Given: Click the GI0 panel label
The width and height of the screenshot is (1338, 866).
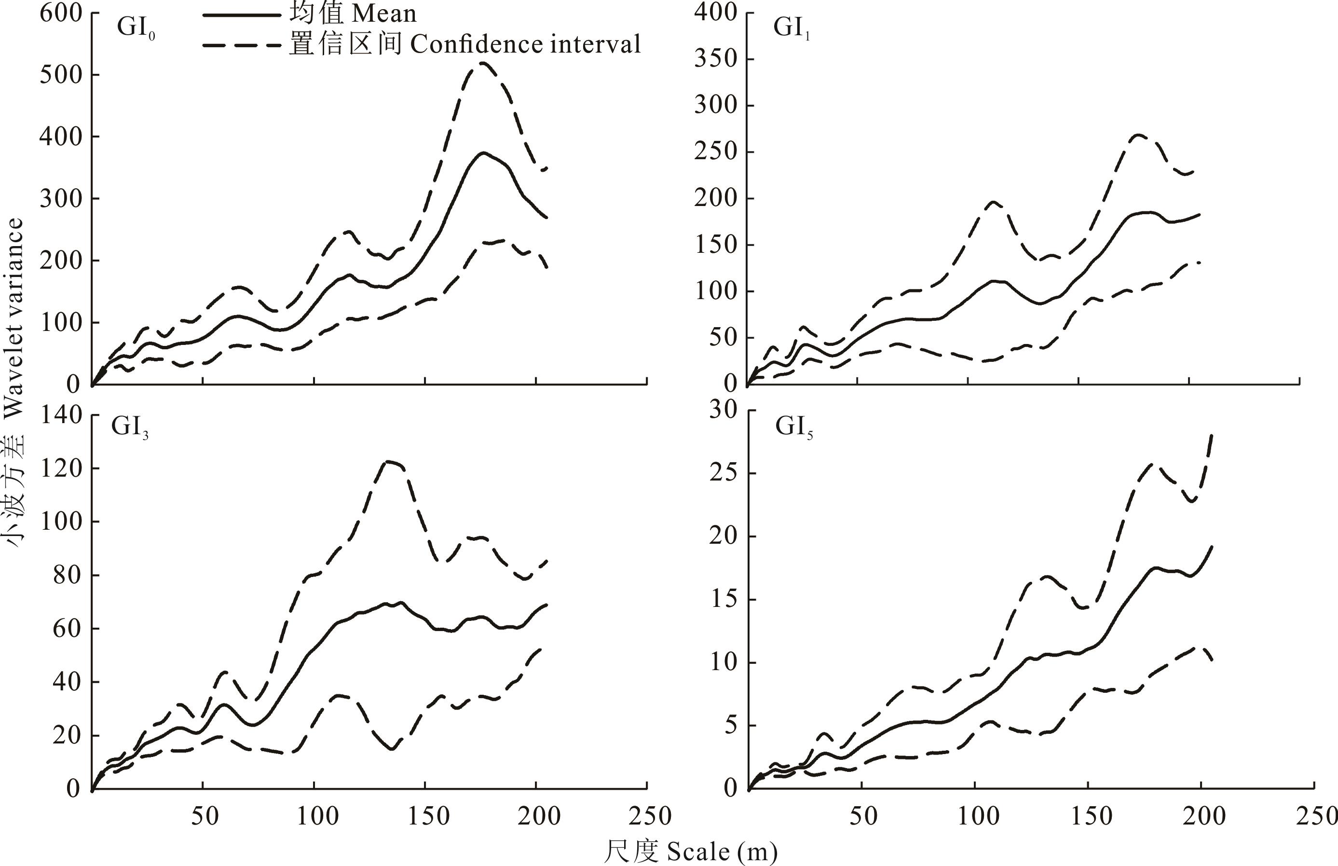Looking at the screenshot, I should coord(135,28).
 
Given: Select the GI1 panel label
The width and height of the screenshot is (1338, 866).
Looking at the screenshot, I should coord(791,28).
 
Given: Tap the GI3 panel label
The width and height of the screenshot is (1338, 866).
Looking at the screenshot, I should coord(129,427).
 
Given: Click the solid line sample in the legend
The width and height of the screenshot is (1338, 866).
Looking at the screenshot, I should coord(241,14).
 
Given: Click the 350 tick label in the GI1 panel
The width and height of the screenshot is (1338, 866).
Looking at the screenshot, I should coord(715,59).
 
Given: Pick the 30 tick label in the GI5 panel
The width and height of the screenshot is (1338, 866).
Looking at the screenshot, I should coord(723,411).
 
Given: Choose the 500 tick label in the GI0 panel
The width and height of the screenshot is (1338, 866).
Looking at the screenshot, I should coord(60,75).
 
